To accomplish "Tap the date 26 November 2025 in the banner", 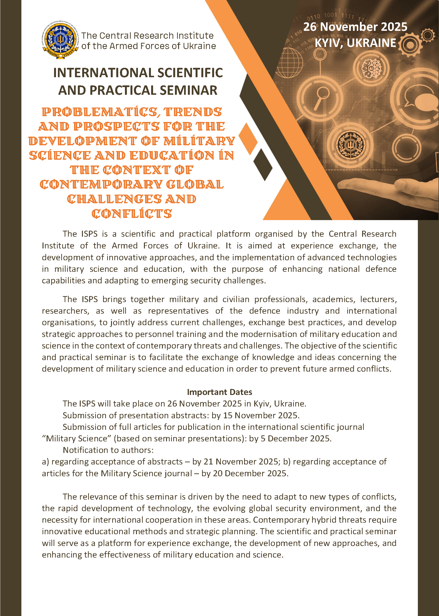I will (355, 27).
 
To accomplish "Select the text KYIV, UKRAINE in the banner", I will (355, 43).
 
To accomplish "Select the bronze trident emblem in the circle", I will (350, 145).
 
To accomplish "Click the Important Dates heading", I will (220, 392).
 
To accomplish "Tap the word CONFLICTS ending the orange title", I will (132, 214).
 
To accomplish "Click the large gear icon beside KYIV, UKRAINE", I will (409, 44).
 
